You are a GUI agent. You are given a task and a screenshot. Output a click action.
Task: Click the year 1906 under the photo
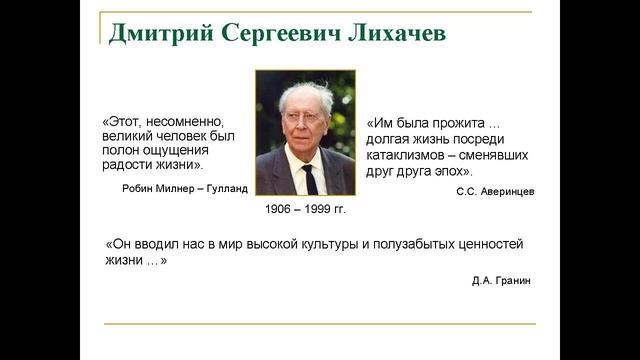pyautogui.click(x=282, y=212)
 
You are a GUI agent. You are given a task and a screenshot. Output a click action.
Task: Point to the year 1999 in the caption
pyautogui.click(x=320, y=212)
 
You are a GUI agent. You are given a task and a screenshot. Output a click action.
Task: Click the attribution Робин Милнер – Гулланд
pyautogui.click(x=183, y=188)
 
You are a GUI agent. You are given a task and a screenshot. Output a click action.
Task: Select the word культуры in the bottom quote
pyautogui.click(x=322, y=243)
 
